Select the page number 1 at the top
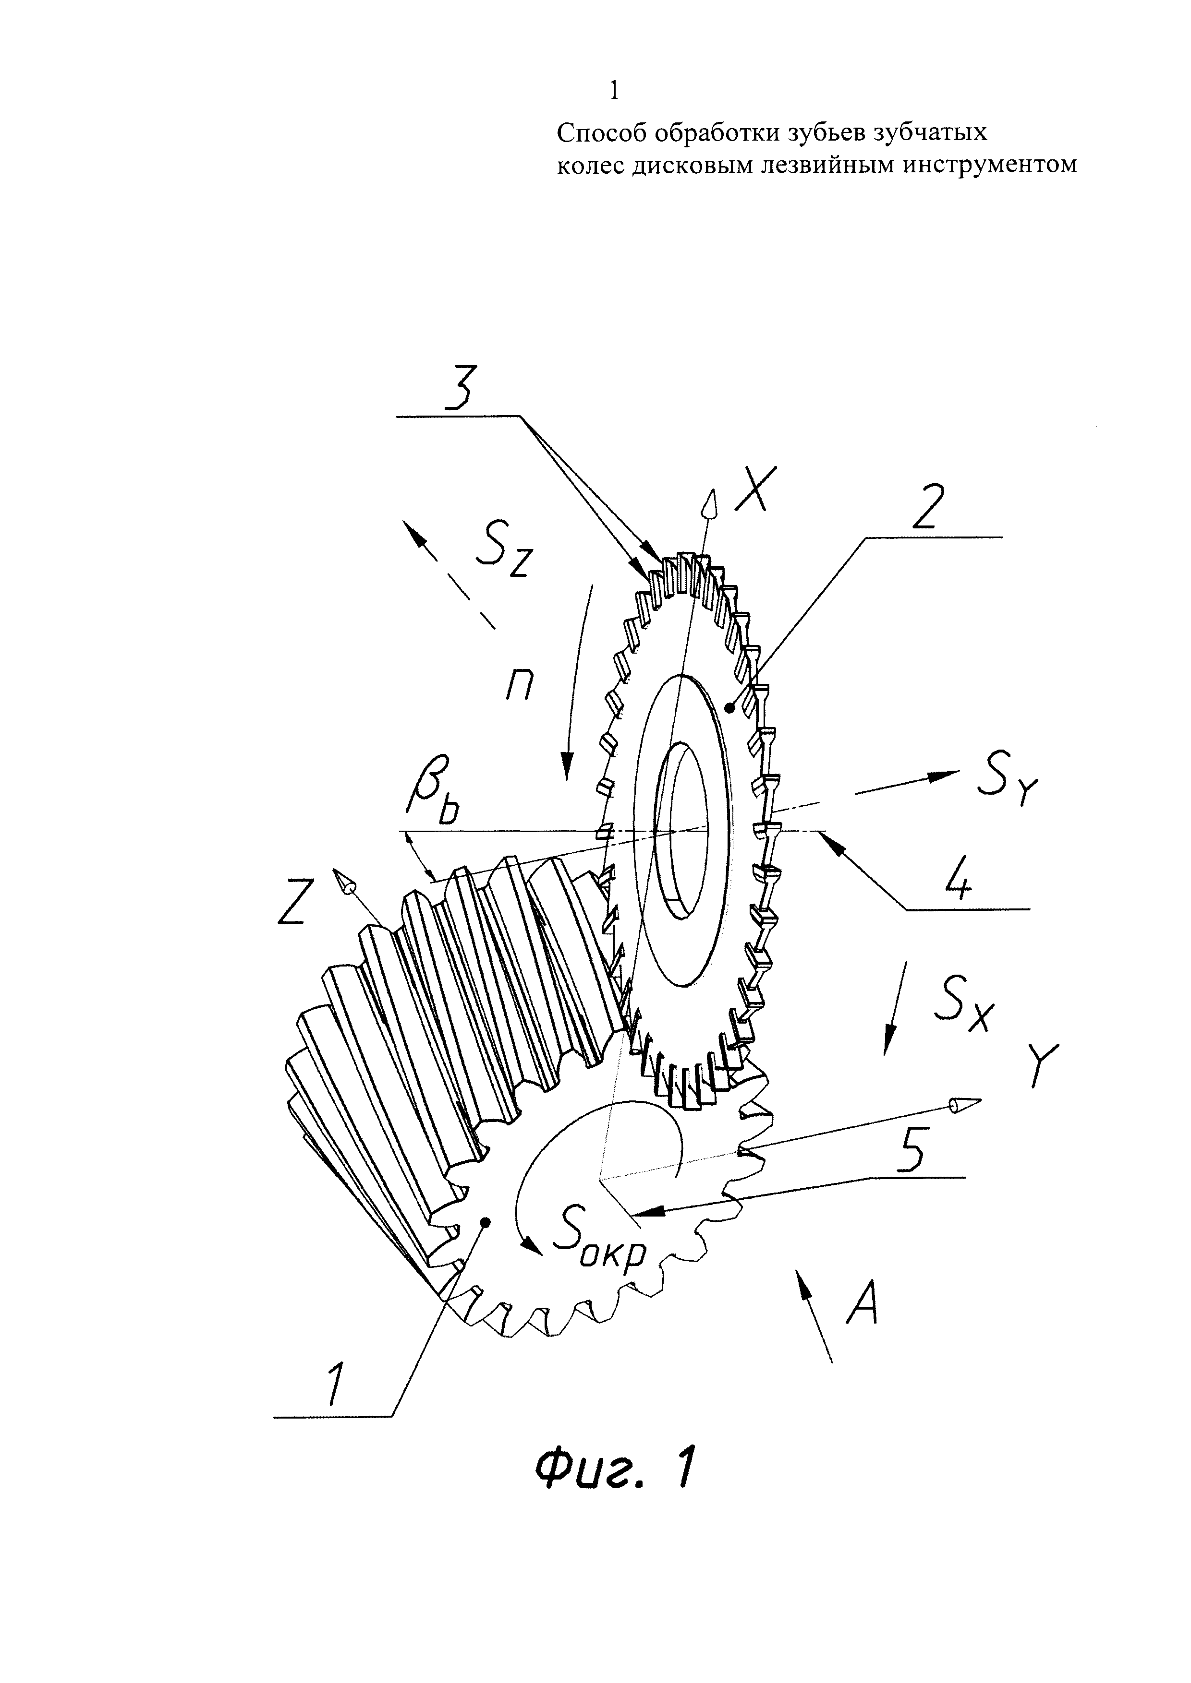614,91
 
